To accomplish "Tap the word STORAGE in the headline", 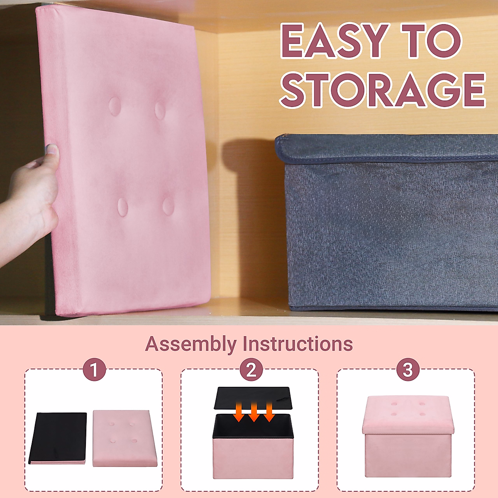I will (x=382, y=90).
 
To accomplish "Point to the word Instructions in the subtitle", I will (x=298, y=344).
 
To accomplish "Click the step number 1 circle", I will (x=94, y=369).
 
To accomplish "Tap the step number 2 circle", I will (x=251, y=369).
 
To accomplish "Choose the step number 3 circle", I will (x=408, y=369).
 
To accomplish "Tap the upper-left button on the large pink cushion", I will (x=115, y=106).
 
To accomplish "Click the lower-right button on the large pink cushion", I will (x=168, y=206).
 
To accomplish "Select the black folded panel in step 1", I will (x=58, y=437).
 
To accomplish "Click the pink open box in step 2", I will (x=253, y=454).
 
